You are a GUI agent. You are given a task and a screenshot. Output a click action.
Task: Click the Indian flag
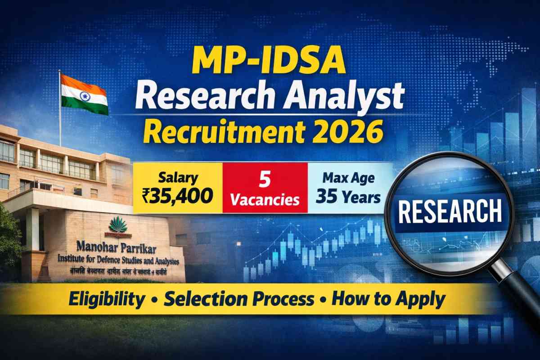84,95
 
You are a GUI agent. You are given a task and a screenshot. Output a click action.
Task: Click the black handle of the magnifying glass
517,292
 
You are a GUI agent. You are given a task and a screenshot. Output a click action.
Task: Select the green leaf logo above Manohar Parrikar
118,225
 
